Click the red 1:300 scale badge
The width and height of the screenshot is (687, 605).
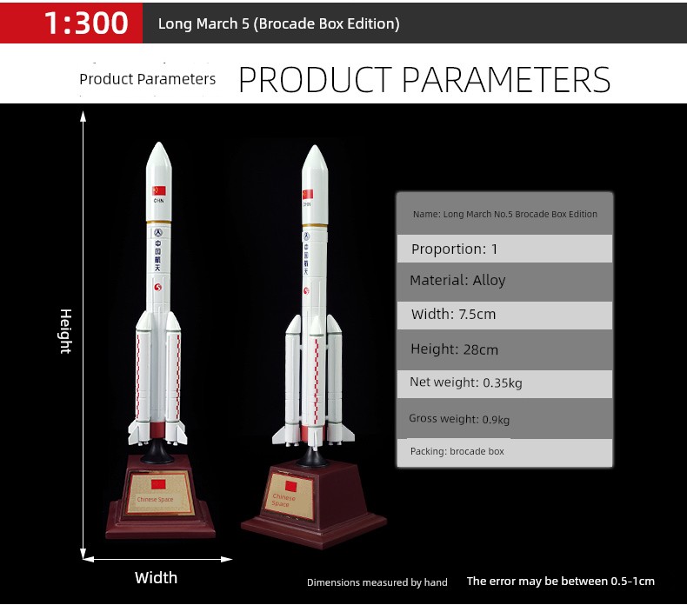(71, 23)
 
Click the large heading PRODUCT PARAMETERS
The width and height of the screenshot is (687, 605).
(424, 80)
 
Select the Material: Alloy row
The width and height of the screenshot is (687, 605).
(504, 282)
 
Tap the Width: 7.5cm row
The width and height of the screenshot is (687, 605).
(504, 315)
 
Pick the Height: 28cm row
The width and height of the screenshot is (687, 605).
(504, 349)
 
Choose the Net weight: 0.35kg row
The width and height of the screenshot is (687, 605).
(504, 383)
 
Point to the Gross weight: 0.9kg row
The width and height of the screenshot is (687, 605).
(504, 418)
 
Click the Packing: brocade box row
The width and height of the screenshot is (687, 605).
(504, 453)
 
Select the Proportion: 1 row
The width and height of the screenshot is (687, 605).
(504, 249)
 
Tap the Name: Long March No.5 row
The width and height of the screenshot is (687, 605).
(504, 214)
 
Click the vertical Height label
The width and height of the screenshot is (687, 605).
(65, 331)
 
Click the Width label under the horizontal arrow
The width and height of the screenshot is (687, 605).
(156, 578)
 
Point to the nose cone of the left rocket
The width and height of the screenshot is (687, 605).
(158, 156)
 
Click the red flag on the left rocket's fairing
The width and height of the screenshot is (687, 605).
(158, 190)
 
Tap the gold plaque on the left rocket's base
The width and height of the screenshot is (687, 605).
(159, 492)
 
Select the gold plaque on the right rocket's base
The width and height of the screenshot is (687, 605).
(290, 495)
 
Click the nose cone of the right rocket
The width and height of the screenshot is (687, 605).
(315, 160)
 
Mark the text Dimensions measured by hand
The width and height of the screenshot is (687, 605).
(377, 582)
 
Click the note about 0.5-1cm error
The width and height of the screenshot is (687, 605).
(560, 582)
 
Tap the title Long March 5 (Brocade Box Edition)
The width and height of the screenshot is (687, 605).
(278, 23)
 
